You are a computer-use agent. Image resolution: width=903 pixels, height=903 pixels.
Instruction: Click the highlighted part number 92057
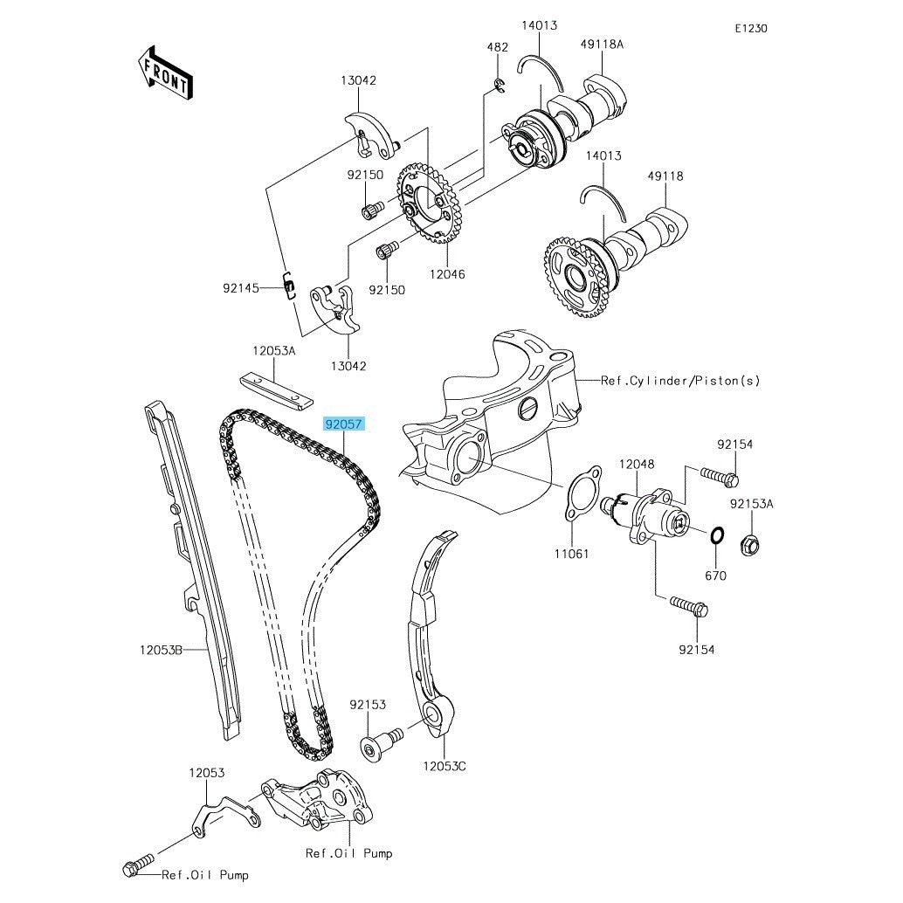343,424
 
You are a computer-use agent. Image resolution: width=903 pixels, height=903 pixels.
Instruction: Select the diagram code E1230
751,28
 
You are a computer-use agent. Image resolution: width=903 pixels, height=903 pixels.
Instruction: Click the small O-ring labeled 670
717,535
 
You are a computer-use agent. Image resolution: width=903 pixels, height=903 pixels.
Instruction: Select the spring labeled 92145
290,286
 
